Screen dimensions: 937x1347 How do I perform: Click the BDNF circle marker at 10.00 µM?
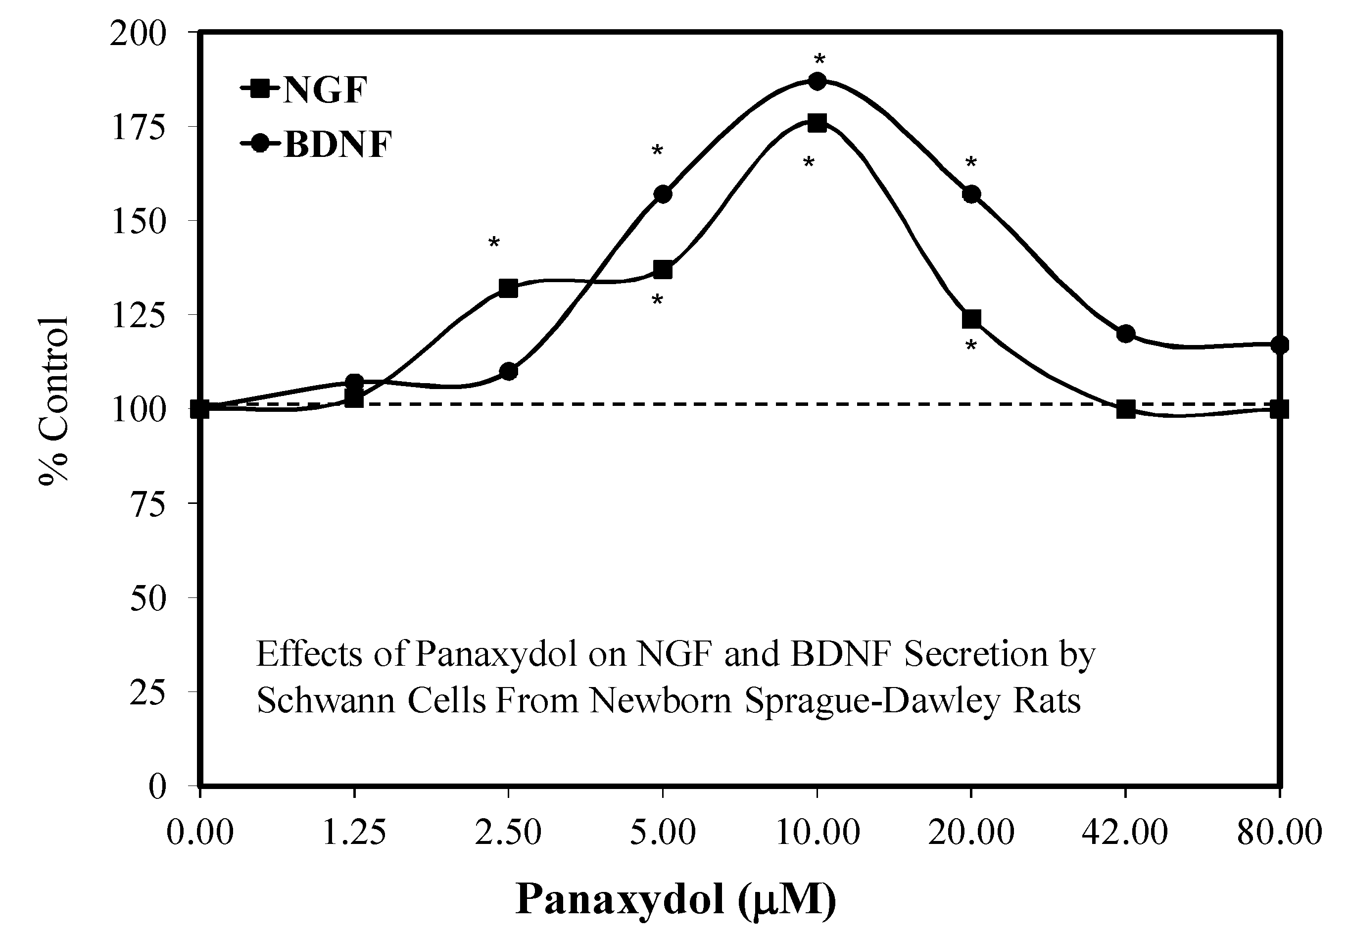pyautogui.click(x=817, y=82)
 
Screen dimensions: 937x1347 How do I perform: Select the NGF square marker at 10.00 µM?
pyautogui.click(x=817, y=123)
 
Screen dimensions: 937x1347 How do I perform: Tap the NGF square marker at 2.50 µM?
pyautogui.click(x=508, y=288)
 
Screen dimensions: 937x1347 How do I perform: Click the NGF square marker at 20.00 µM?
pyautogui.click(x=971, y=319)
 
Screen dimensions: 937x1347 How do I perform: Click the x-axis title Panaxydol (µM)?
pyautogui.click(x=675, y=899)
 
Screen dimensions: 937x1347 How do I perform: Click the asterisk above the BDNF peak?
pyautogui.click(x=819, y=60)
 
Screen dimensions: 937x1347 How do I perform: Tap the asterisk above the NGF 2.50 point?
pyautogui.click(x=493, y=243)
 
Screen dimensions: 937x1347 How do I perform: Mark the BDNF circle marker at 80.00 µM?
pyautogui.click(x=1280, y=345)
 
